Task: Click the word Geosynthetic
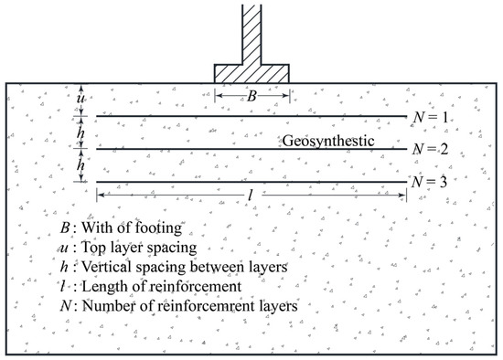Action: (x=328, y=140)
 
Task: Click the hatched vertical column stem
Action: (x=251, y=32)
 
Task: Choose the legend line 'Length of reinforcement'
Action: (x=144, y=287)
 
